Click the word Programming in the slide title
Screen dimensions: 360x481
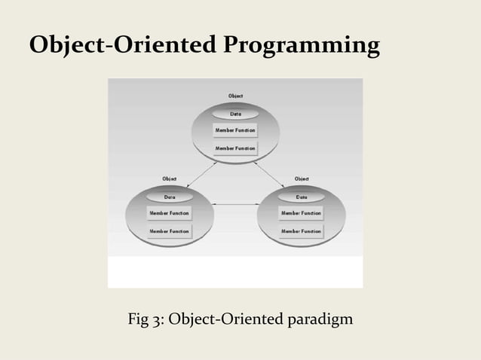[301, 47]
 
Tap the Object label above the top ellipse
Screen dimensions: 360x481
[235, 96]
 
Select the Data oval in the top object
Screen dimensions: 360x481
[235, 114]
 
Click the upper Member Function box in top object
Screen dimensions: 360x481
[235, 130]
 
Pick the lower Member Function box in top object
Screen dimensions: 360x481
[235, 148]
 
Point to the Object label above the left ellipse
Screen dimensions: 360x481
[170, 178]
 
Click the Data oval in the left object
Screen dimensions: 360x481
[170, 197]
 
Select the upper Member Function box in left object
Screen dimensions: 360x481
[169, 213]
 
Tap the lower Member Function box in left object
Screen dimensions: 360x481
[169, 231]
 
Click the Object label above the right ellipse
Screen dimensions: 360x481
[301, 178]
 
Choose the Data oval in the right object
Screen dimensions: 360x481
[301, 197]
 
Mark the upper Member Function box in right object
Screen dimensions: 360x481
[301, 213]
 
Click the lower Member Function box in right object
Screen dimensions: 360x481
[301, 231]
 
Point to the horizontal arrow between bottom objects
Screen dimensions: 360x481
[235, 204]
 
